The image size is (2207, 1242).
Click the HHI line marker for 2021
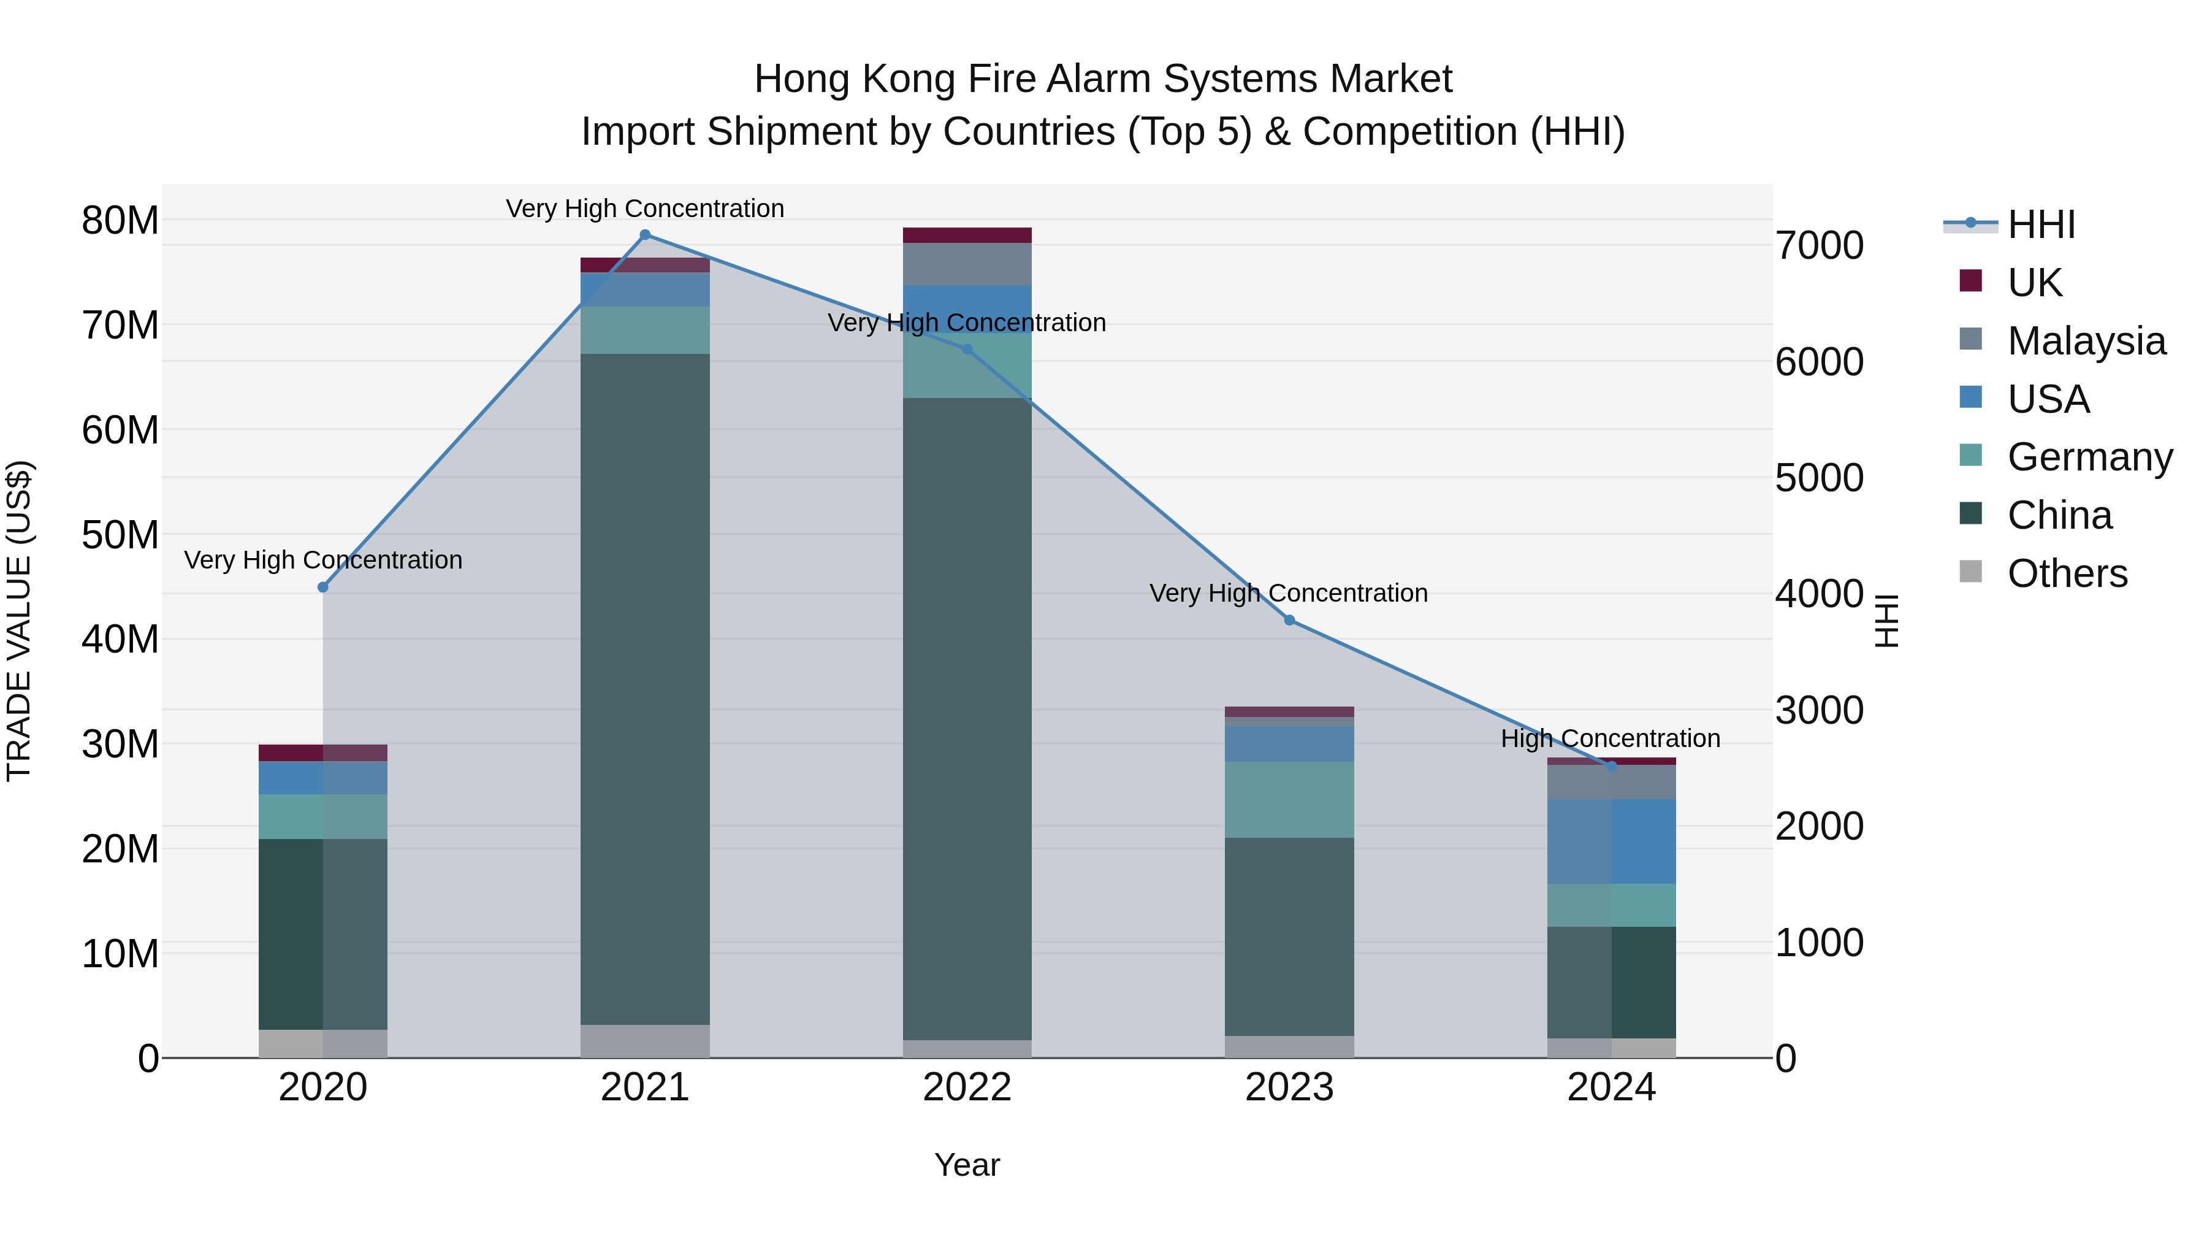coord(645,235)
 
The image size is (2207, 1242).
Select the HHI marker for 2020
coord(323,587)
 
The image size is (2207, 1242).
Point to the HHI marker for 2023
coord(1289,619)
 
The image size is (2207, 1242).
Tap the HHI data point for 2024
coord(1612,766)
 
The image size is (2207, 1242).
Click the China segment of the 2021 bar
coord(645,686)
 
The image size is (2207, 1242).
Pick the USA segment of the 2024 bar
coord(1612,841)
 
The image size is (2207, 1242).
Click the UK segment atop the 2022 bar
coord(967,235)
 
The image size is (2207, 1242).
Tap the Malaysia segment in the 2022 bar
coord(967,264)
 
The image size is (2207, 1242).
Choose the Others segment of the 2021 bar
coord(645,1041)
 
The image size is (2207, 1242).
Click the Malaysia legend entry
coord(2086,341)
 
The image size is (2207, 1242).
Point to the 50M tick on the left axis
coord(120,535)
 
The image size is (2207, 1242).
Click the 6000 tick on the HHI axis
coord(1819,362)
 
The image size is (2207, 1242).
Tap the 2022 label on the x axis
coord(967,1087)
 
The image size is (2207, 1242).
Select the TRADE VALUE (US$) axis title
coord(20,621)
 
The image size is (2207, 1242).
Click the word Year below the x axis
coord(967,1165)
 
